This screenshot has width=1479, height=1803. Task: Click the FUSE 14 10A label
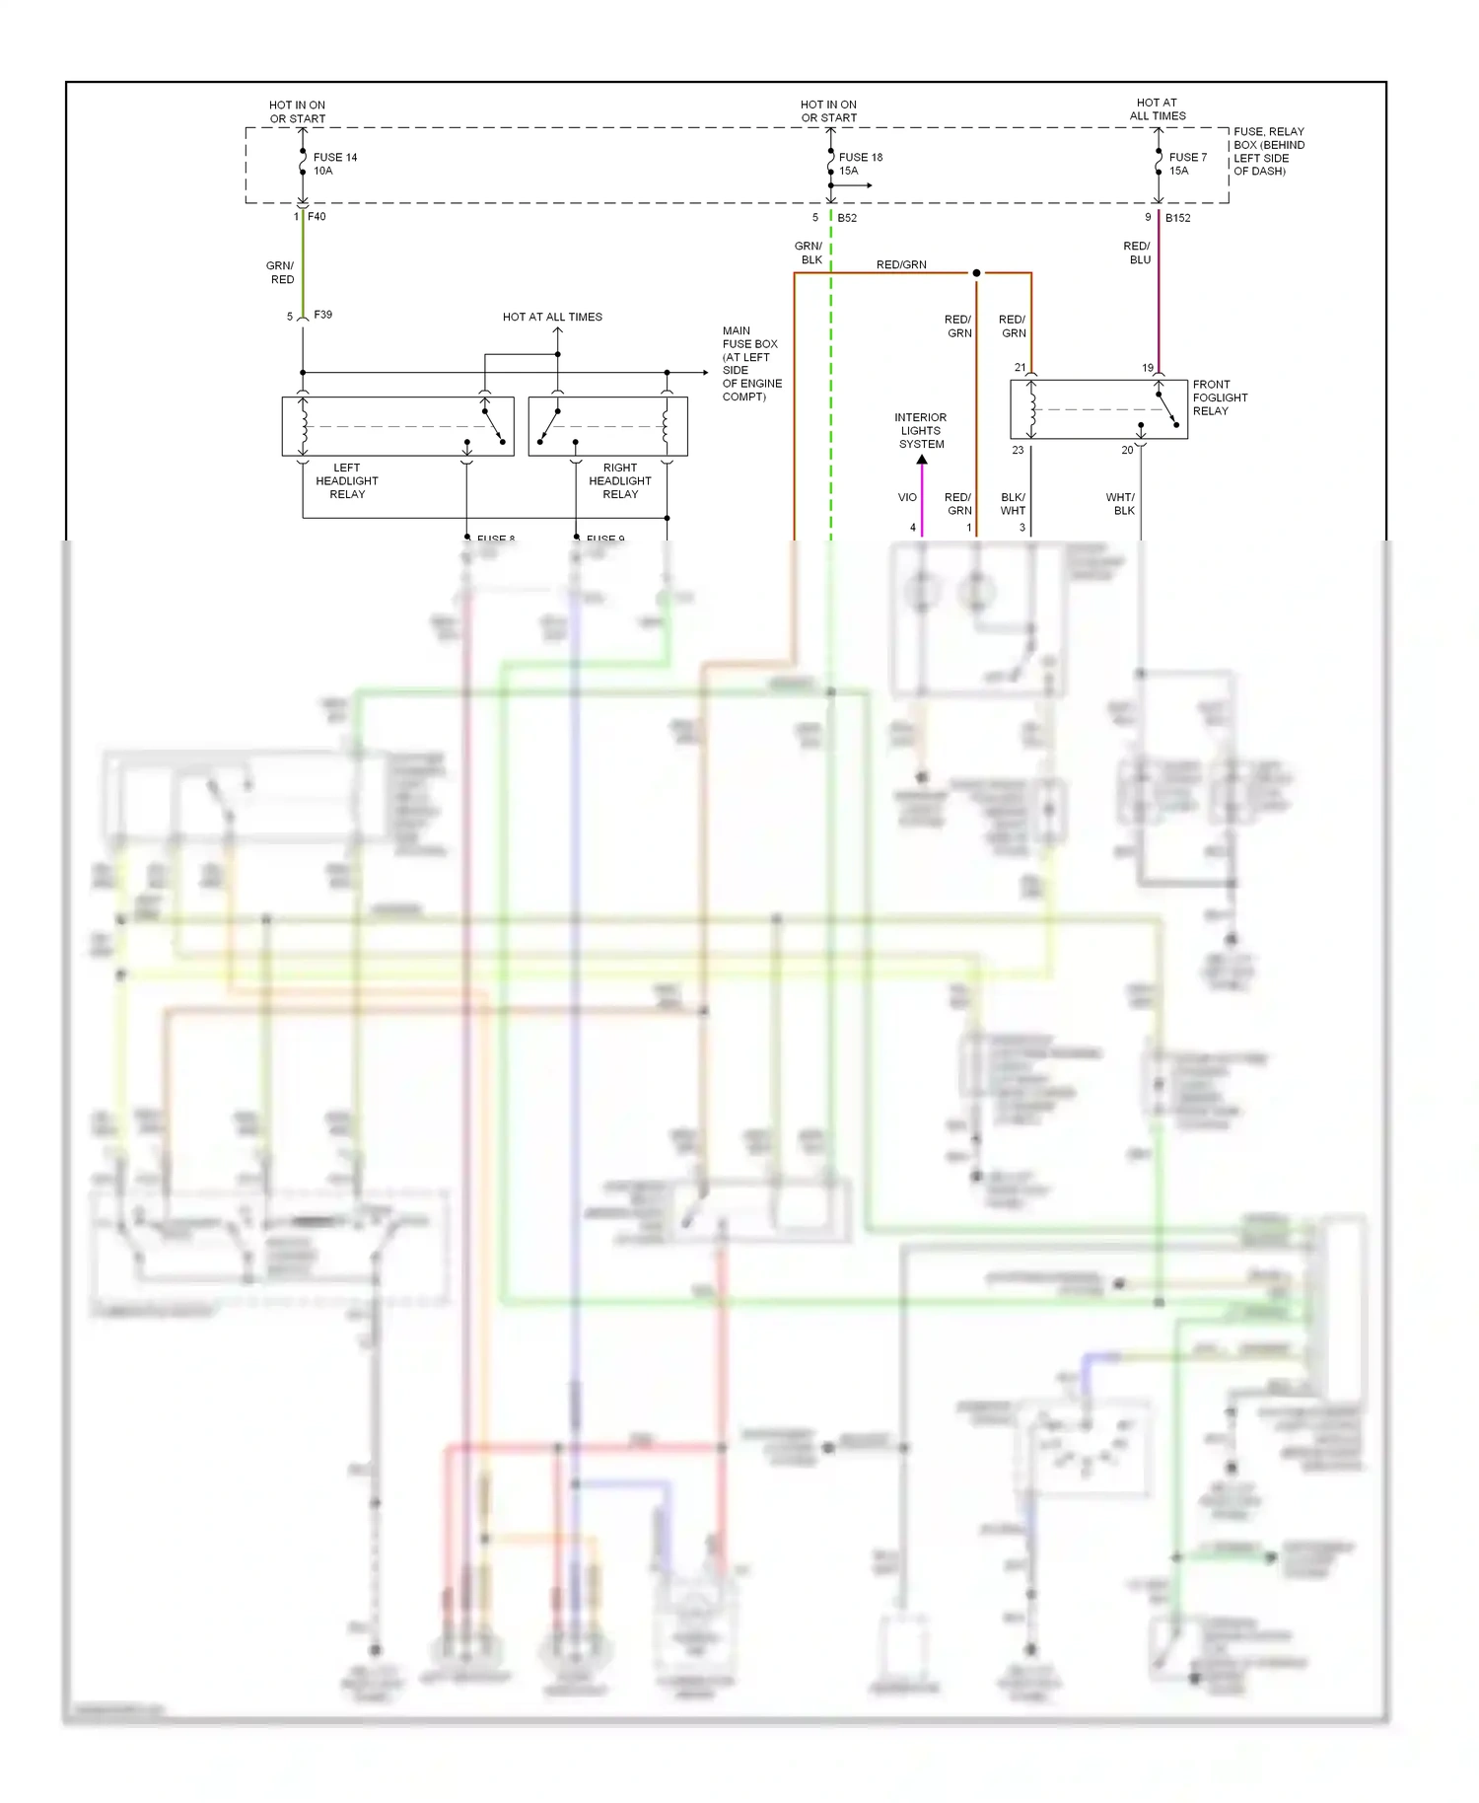click(x=334, y=164)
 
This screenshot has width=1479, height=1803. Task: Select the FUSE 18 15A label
click(x=860, y=164)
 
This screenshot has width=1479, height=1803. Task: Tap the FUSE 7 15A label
click(x=1187, y=164)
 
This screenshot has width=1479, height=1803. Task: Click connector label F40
click(x=317, y=216)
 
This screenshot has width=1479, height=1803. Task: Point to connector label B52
click(x=847, y=218)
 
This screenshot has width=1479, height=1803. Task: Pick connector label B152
click(x=1177, y=218)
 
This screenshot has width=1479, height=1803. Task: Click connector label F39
click(x=322, y=315)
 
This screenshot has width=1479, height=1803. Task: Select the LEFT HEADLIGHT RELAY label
click(x=346, y=480)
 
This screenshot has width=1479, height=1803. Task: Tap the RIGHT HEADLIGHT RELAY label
click(x=619, y=480)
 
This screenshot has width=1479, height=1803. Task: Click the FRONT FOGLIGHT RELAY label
click(x=1219, y=397)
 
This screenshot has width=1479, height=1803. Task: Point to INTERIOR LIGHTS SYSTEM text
click(x=920, y=431)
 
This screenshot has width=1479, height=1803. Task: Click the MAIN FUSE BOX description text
click(x=751, y=363)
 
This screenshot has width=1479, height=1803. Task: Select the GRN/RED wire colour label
click(x=281, y=272)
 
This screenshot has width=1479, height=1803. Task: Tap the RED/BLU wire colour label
click(x=1137, y=252)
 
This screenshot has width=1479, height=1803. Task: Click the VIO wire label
click(x=907, y=497)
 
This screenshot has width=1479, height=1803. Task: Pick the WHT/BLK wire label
click(x=1121, y=504)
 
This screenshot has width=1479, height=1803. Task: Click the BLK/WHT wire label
click(x=1013, y=504)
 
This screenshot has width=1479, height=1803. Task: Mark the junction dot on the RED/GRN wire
click(x=976, y=273)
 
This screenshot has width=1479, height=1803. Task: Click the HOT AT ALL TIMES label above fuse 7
click(x=1158, y=108)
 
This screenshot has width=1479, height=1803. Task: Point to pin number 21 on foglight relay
click(x=1020, y=367)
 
